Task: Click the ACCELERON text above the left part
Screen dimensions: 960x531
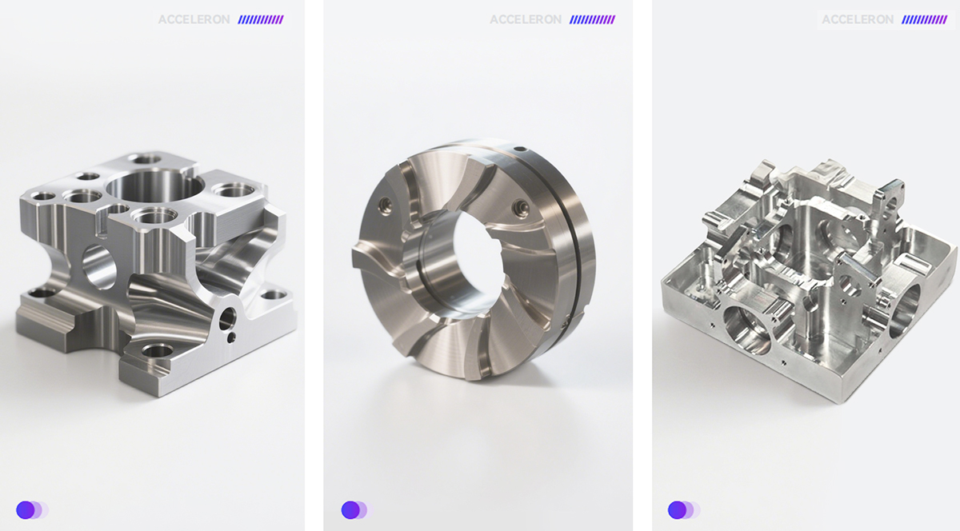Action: click(x=194, y=19)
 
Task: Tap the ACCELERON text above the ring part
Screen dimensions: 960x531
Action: click(x=526, y=19)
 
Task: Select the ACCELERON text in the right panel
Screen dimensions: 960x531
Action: click(x=858, y=19)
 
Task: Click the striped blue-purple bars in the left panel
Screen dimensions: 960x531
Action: click(x=261, y=19)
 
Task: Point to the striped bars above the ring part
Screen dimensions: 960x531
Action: click(x=592, y=19)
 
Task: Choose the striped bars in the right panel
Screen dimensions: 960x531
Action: click(x=925, y=19)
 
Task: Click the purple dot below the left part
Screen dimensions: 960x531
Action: click(x=26, y=510)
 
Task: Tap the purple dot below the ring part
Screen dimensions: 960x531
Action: click(x=350, y=510)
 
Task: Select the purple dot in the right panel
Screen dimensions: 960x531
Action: click(x=677, y=510)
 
